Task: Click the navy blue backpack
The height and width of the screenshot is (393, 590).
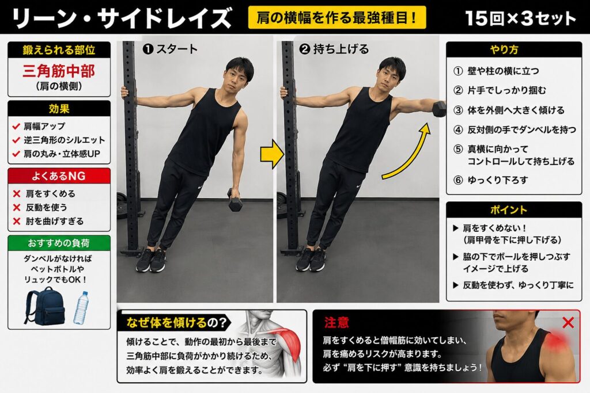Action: [x=44, y=306]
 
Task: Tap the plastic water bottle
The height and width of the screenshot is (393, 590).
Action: [x=81, y=308]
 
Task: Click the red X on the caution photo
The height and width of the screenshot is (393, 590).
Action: [x=568, y=322]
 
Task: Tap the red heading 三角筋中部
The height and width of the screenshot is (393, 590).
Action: [x=59, y=71]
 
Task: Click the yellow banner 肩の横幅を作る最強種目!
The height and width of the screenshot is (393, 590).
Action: [x=337, y=17]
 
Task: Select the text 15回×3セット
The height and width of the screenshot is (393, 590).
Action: [x=520, y=18]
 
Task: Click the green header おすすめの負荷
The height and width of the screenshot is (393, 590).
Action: [x=59, y=243]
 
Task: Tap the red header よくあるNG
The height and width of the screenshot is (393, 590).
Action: [x=59, y=176]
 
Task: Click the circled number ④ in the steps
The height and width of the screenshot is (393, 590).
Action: [x=457, y=130]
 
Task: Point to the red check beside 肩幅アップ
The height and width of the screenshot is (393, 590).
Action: [x=16, y=126]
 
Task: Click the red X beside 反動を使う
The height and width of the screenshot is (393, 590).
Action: [x=17, y=207]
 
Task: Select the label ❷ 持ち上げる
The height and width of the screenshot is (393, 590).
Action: [x=334, y=49]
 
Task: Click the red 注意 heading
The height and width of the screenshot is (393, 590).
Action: [x=336, y=322]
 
